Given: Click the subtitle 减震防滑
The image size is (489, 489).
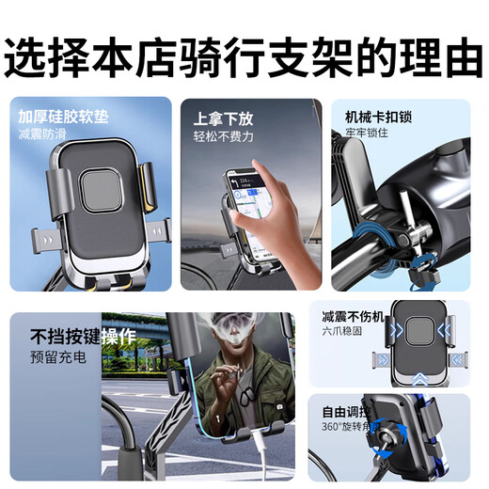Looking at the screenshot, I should [43, 135].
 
